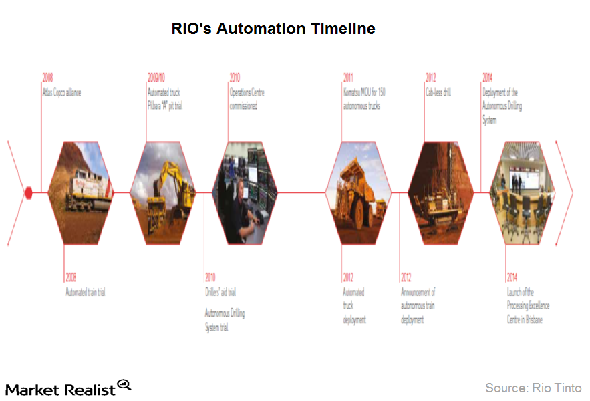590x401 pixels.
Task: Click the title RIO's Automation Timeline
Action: (x=273, y=29)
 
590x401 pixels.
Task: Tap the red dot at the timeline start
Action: (x=28, y=192)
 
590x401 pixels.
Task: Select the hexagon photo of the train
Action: (x=82, y=192)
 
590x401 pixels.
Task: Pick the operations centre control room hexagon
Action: (x=244, y=192)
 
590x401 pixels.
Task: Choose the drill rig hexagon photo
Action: (x=440, y=192)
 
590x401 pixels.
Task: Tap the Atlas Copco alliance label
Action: (x=62, y=92)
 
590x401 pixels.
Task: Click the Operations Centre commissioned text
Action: (x=247, y=99)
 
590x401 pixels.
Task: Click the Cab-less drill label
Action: (x=438, y=92)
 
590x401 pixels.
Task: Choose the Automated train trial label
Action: (x=86, y=292)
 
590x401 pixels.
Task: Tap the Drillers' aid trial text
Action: (x=220, y=292)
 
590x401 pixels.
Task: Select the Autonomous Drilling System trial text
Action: (x=225, y=320)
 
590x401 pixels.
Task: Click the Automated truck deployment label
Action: (x=354, y=306)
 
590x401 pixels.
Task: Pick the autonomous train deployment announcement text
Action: (x=418, y=306)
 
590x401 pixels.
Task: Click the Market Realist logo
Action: (x=67, y=388)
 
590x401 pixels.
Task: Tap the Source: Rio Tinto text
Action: (x=533, y=388)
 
